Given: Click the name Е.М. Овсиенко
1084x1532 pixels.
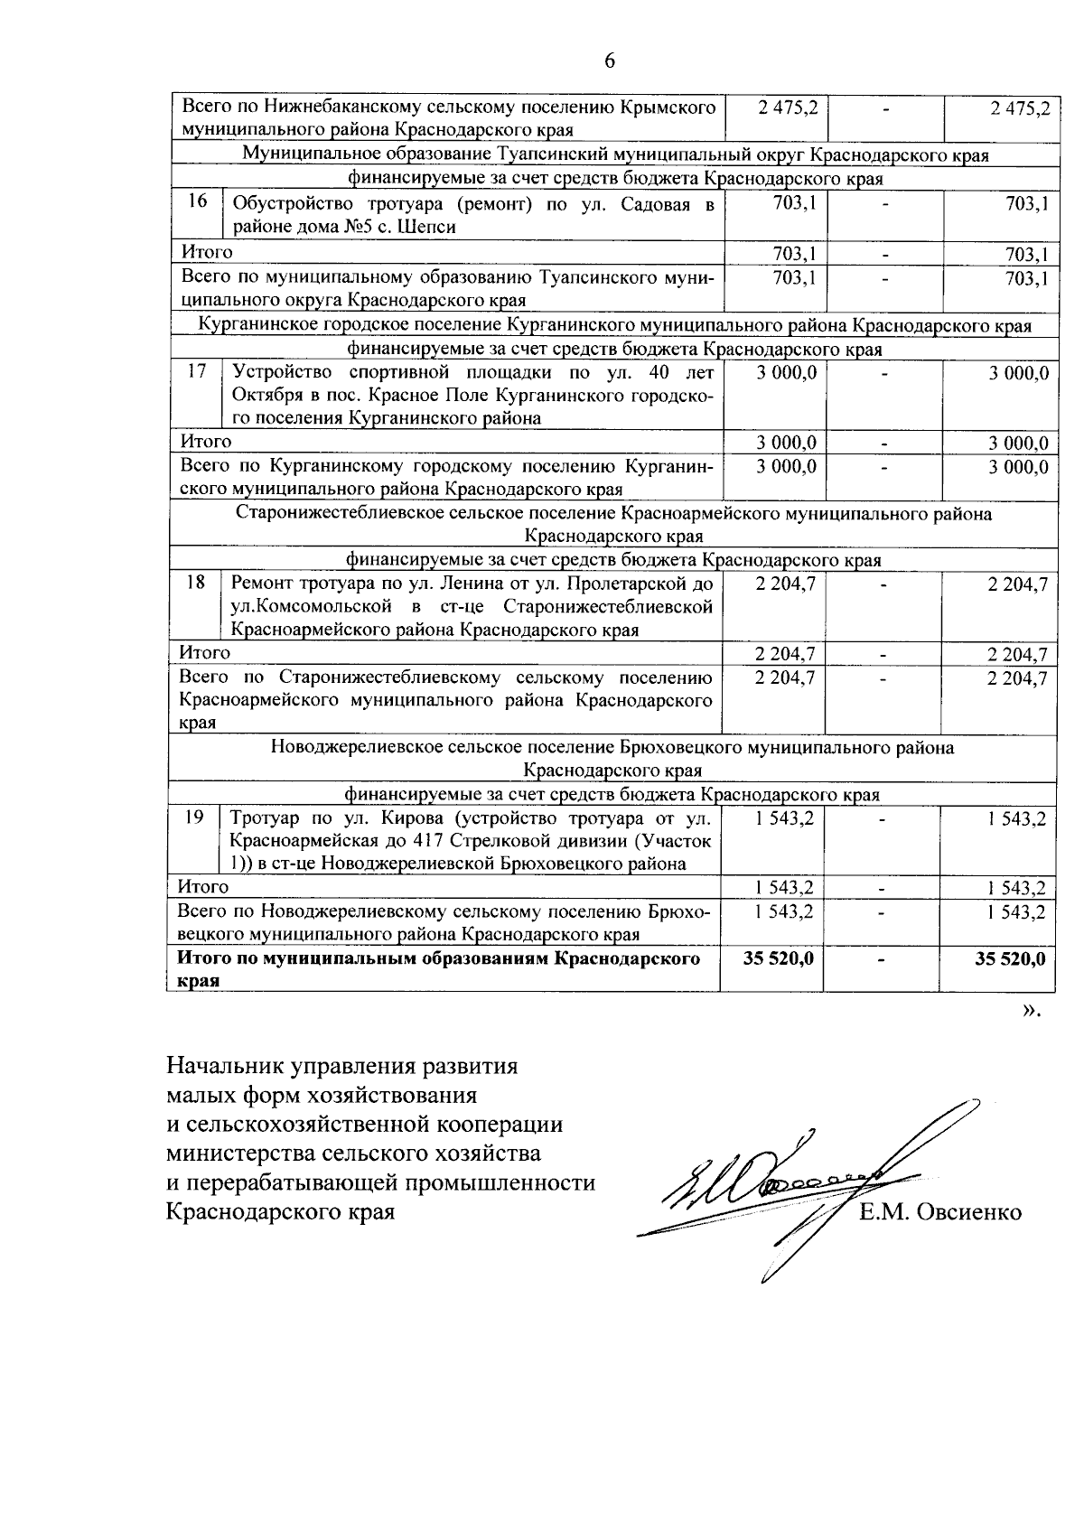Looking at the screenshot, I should [x=940, y=1212].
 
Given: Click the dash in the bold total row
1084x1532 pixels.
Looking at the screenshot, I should [x=883, y=958].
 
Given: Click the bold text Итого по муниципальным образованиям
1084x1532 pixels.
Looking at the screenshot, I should [x=439, y=958].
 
